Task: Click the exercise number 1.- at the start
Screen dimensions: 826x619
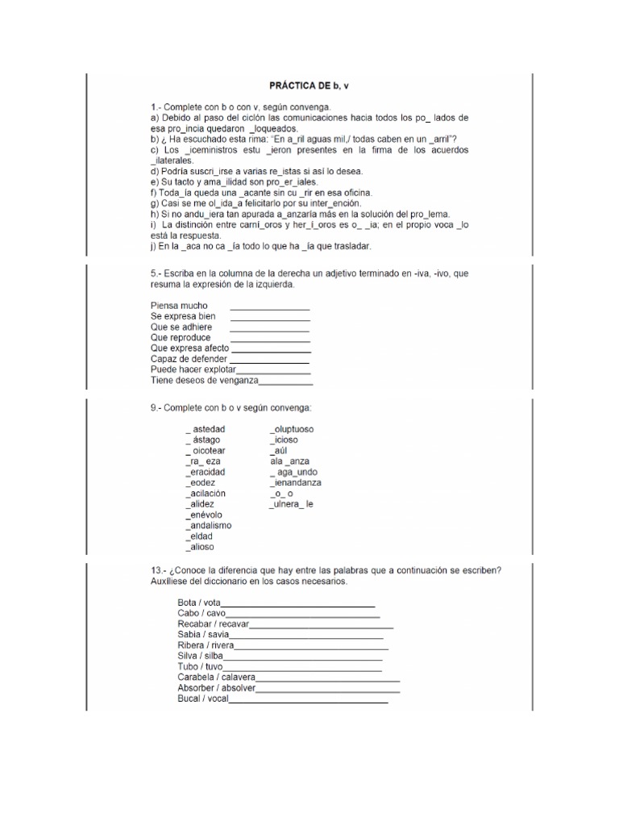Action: coord(156,107)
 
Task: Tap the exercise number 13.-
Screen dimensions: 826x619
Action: coord(159,570)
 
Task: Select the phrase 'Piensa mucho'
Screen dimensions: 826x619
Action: coord(179,306)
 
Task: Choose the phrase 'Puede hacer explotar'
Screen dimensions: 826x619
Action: coord(193,369)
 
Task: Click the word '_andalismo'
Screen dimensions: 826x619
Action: coord(209,525)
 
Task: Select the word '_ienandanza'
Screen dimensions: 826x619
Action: coord(296,482)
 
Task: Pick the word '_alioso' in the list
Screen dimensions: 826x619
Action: coord(201,547)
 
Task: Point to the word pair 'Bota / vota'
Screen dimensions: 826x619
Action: coord(199,603)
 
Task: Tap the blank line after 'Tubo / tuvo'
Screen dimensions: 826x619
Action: coord(302,667)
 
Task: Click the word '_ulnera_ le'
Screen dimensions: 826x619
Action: coord(292,504)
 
